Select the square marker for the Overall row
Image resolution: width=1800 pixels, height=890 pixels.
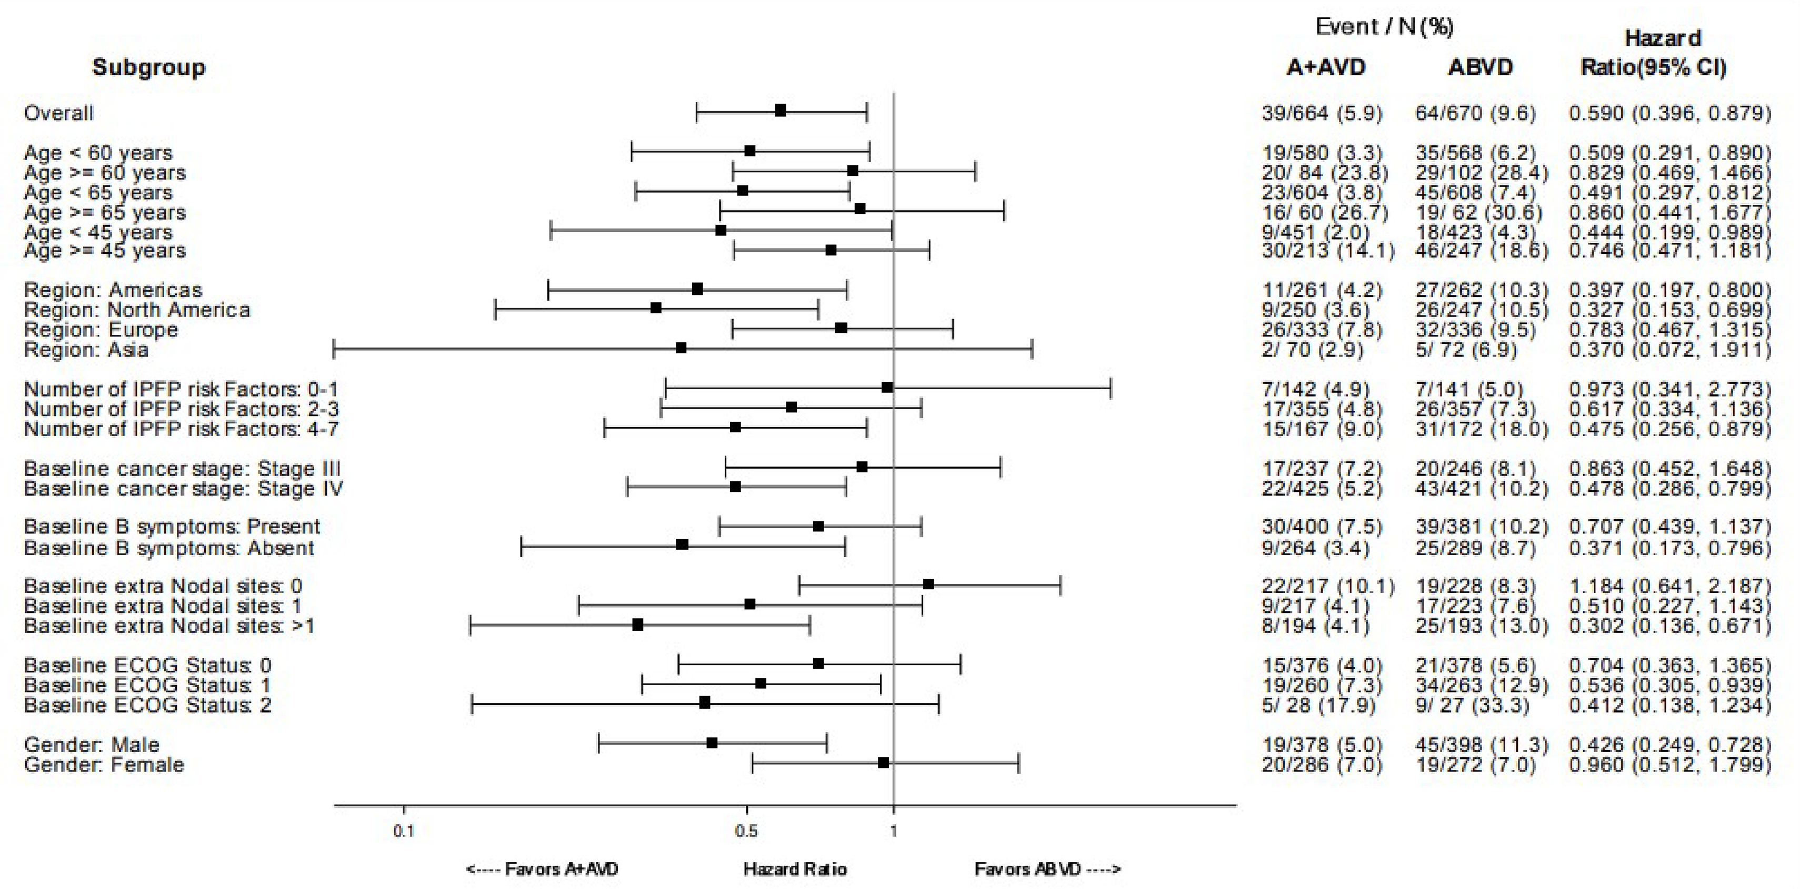click(781, 111)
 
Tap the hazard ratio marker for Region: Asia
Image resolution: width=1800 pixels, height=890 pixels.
click(681, 348)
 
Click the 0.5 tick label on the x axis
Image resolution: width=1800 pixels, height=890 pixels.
click(746, 831)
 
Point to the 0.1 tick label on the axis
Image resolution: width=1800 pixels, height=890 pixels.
click(403, 831)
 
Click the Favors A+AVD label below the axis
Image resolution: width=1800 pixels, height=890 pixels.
click(542, 869)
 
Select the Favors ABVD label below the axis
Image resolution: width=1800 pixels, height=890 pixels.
click(1047, 869)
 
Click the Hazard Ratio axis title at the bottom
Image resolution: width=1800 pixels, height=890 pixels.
click(795, 869)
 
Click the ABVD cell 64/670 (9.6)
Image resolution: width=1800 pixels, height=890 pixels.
click(1475, 113)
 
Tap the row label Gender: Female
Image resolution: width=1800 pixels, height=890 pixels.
click(104, 764)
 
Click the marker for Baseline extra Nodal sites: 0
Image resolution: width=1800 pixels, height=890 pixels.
click(928, 585)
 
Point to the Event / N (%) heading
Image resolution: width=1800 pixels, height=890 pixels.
click(1384, 26)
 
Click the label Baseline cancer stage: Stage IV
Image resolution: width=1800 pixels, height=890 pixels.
click(183, 488)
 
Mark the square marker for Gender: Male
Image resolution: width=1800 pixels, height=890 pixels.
click(712, 743)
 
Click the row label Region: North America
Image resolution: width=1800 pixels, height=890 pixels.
click(137, 310)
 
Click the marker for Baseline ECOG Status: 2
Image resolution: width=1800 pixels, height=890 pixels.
click(704, 703)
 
